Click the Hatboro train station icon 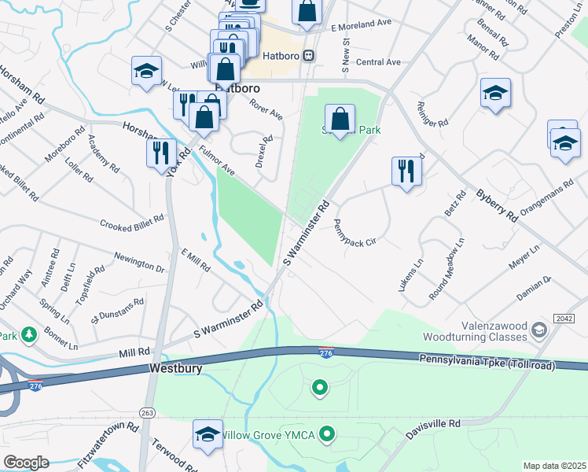(310, 55)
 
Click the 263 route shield (146, 411)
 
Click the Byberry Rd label (495, 203)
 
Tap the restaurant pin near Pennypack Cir (406, 171)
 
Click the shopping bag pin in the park (340, 120)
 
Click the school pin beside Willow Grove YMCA (208, 434)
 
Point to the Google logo (26, 463)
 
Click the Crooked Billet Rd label (131, 221)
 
